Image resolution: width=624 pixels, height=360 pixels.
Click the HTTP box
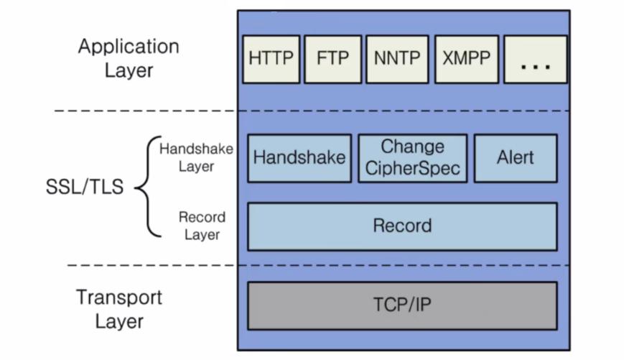[x=271, y=59]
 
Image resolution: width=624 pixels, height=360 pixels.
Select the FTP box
[x=332, y=59]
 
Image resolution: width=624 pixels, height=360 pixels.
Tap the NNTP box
[x=396, y=59]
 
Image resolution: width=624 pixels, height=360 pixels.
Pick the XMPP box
[x=465, y=59]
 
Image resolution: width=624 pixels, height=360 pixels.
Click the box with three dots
[x=535, y=59]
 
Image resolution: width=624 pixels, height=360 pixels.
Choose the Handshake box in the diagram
[x=299, y=157]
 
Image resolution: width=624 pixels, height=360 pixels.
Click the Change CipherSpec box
[x=412, y=157]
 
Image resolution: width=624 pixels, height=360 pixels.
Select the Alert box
[x=515, y=157]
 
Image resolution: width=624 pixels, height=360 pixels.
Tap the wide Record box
[x=402, y=226]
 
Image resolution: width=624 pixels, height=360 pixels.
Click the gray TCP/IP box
[x=402, y=305]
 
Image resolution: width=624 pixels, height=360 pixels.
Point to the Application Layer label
[x=129, y=58]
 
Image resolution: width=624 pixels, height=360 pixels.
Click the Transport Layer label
[x=119, y=308]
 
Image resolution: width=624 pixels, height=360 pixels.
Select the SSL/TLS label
[x=84, y=188]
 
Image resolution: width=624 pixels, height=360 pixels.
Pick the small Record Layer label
[x=202, y=226]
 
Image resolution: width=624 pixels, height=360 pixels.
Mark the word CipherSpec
[x=412, y=169]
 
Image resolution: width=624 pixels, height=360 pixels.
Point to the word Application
[x=129, y=47]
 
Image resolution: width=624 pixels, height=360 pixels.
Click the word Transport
[x=119, y=297]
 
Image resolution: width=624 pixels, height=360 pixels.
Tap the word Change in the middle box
[x=412, y=147]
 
